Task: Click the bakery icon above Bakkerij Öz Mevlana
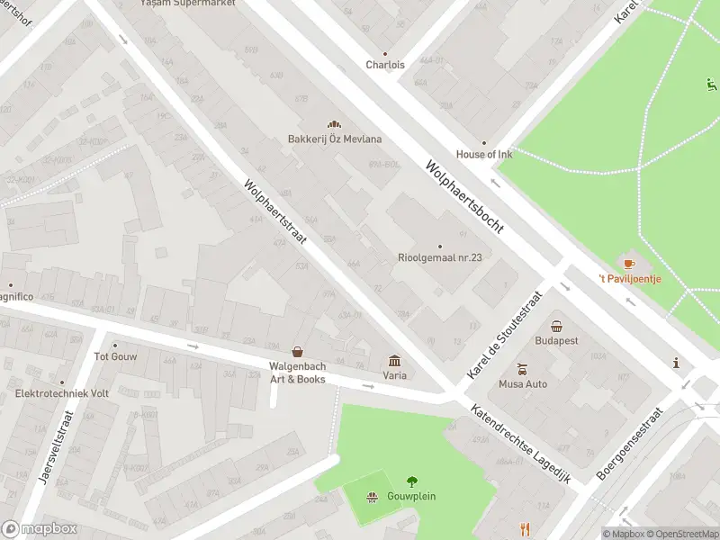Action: [x=335, y=125]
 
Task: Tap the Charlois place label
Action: [x=385, y=65]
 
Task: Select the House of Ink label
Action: [x=483, y=154]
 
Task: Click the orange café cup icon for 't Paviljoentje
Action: [x=629, y=264]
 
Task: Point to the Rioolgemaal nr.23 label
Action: [x=440, y=257]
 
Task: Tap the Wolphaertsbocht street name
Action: [x=463, y=199]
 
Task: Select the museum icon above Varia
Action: [x=394, y=361]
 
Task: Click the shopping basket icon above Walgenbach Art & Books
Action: [x=297, y=352]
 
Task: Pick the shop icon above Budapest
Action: [x=556, y=327]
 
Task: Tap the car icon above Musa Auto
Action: [x=522, y=370]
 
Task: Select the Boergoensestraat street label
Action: [x=631, y=443]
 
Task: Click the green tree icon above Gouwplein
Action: [x=412, y=481]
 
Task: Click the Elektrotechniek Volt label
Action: [x=61, y=394]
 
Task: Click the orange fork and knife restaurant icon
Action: [x=526, y=530]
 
